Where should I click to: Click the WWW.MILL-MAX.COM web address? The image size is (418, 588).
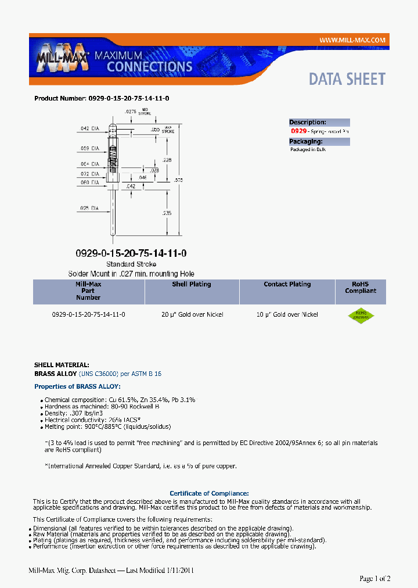pyautogui.click(x=352, y=40)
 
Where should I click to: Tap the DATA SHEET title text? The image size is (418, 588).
pyautogui.click(x=347, y=79)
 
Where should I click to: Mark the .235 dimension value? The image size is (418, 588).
pyautogui.click(x=167, y=213)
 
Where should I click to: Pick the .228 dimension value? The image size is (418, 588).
pyautogui.click(x=167, y=160)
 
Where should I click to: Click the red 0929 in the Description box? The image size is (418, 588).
pyautogui.click(x=298, y=132)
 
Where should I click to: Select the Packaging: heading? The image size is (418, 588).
pyautogui.click(x=306, y=141)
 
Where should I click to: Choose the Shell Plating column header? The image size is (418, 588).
pyautogui.click(x=192, y=285)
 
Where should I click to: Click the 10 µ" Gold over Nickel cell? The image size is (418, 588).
pyautogui.click(x=287, y=314)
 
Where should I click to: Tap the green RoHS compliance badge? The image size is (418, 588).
pyautogui.click(x=361, y=315)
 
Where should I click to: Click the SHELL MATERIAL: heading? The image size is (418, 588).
pyautogui.click(x=62, y=365)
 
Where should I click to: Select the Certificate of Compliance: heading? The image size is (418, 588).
pyautogui.click(x=209, y=493)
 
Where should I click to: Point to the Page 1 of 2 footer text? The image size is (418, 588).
pyautogui.click(x=374, y=578)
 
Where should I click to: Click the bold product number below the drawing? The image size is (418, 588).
pyautogui.click(x=131, y=253)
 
